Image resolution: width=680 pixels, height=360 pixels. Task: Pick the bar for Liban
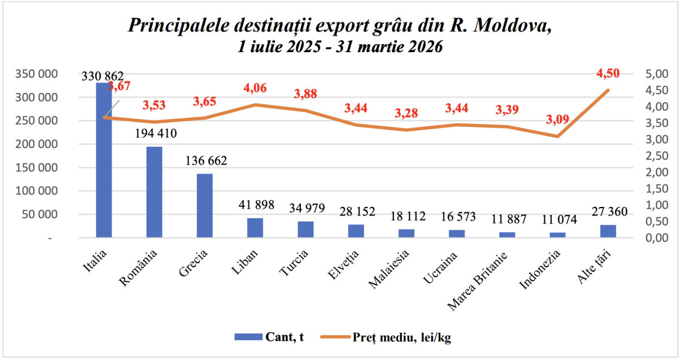(x=255, y=227)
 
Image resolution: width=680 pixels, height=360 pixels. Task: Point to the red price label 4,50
(x=608, y=73)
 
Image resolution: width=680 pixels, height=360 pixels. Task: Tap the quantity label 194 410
(x=154, y=134)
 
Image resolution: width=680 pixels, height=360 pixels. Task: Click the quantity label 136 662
(x=206, y=161)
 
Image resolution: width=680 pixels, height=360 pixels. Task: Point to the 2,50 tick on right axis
(x=656, y=156)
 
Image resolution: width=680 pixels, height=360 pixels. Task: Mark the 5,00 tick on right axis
(x=656, y=74)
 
